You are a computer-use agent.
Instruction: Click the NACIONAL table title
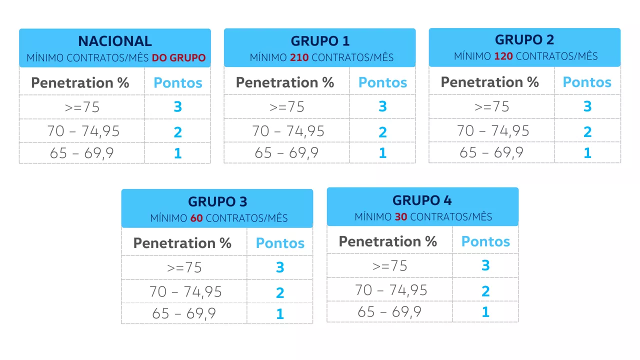(115, 41)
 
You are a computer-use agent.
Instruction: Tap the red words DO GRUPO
(178, 57)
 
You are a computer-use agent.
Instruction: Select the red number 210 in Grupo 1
(299, 57)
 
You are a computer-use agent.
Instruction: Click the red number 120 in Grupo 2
(503, 56)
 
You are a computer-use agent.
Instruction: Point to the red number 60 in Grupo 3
(196, 218)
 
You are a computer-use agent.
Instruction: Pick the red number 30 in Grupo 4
(401, 217)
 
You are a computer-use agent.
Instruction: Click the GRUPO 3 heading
(217, 201)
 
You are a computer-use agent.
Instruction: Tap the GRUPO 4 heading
(422, 200)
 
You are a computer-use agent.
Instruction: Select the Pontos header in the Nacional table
(177, 83)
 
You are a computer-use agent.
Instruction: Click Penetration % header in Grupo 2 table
(489, 82)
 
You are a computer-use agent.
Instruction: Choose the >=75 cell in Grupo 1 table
(287, 107)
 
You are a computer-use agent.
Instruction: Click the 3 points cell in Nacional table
(177, 106)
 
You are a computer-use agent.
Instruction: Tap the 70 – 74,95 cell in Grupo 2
(493, 131)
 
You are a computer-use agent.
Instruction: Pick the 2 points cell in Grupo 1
(382, 132)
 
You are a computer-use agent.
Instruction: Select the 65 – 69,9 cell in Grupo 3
(184, 313)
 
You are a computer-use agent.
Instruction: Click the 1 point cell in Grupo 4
(485, 311)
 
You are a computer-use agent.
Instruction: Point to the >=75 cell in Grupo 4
(389, 266)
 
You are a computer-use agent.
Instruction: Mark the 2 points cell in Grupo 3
(280, 292)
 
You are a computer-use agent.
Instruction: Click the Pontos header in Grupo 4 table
(485, 241)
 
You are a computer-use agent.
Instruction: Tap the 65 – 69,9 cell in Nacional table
(81, 153)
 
